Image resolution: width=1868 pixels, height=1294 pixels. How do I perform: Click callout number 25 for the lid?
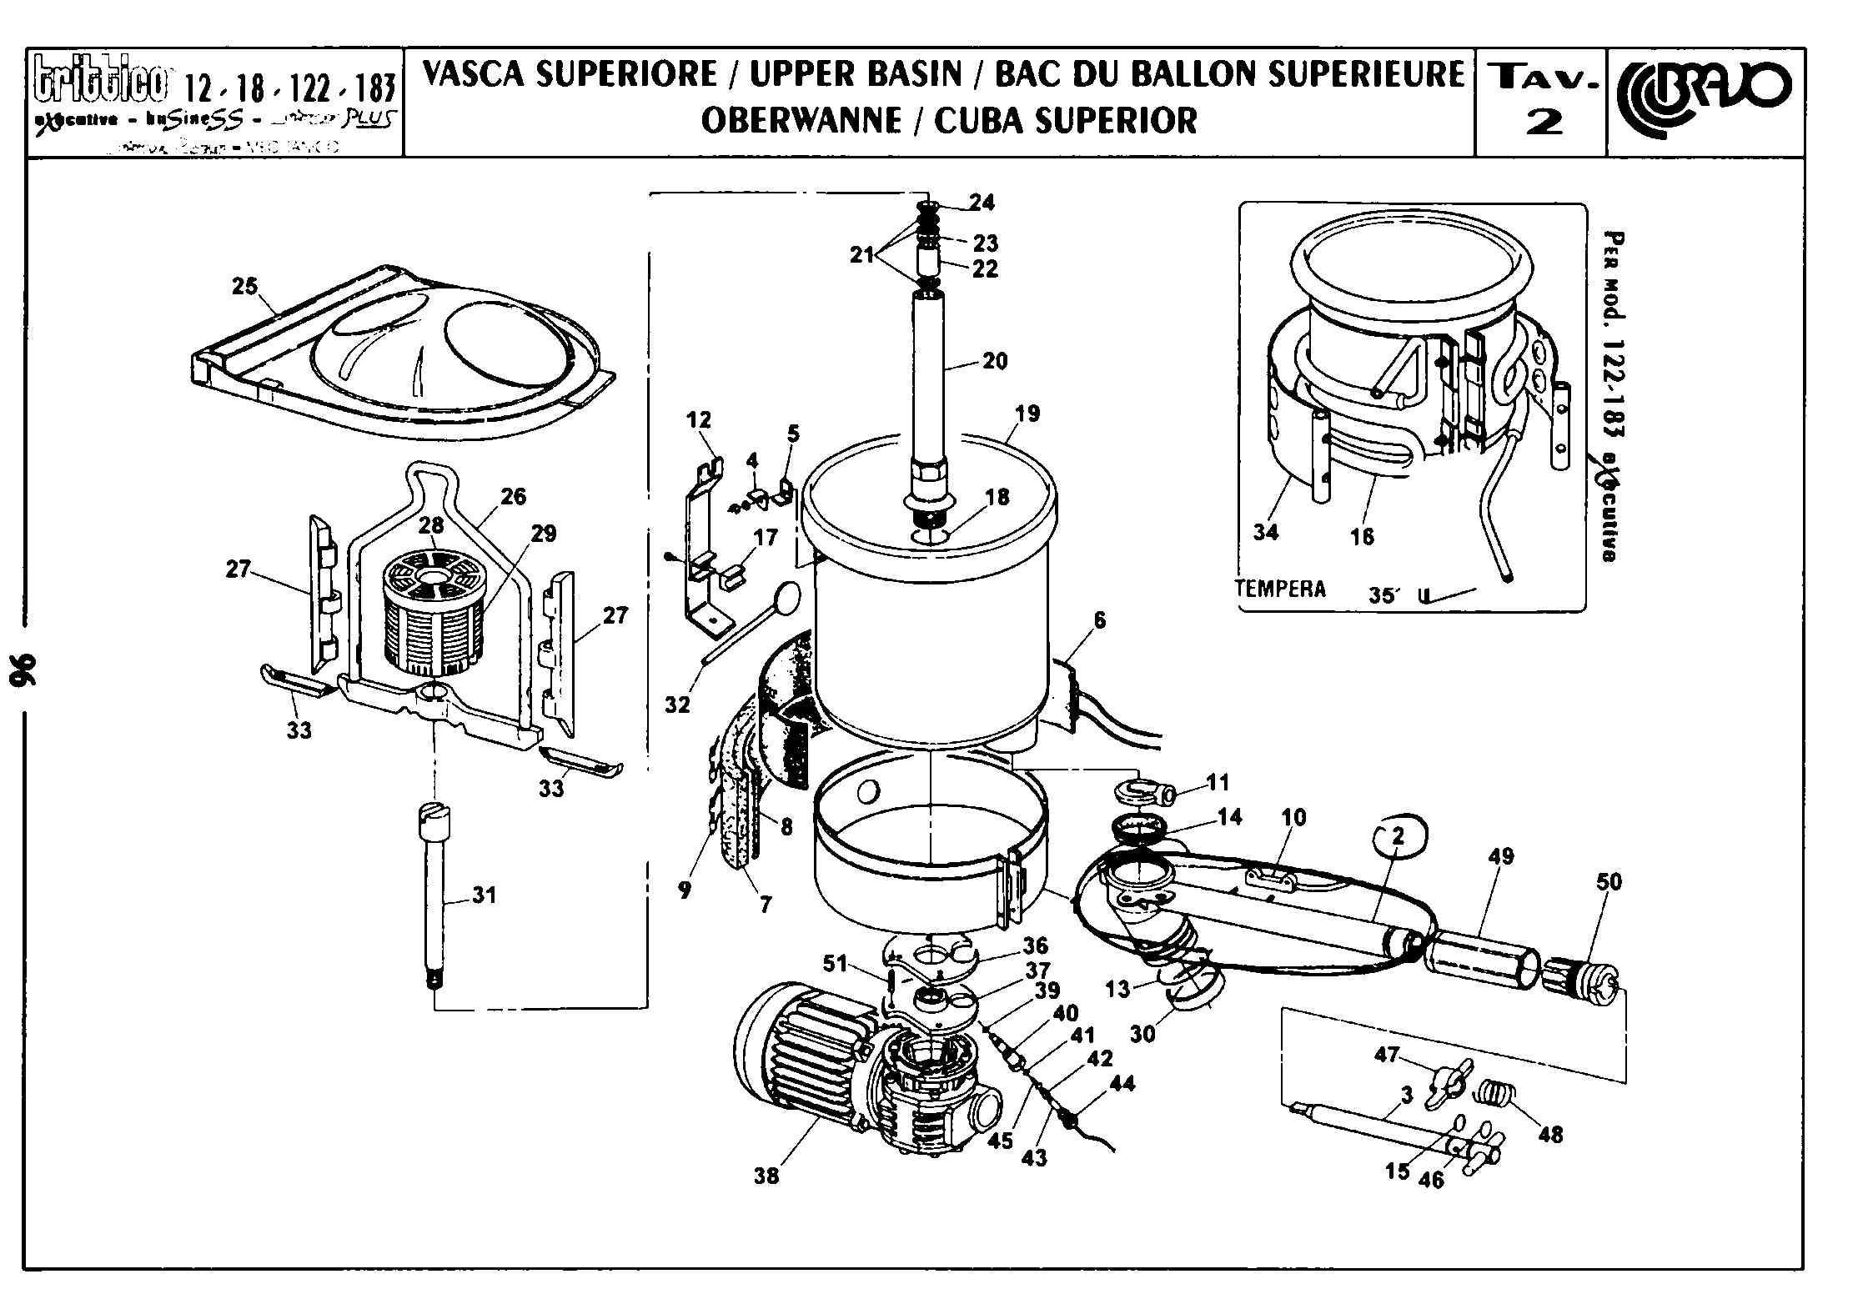click(x=245, y=287)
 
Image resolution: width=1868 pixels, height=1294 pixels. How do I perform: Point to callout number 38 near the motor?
click(x=766, y=1176)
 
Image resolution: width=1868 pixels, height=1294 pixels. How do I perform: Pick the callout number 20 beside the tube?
click(x=995, y=361)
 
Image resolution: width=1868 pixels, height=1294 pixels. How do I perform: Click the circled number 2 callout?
click(x=1398, y=835)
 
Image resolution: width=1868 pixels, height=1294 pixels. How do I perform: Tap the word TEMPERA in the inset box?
click(x=1280, y=589)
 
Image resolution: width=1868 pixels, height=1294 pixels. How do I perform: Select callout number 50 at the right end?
click(x=1609, y=882)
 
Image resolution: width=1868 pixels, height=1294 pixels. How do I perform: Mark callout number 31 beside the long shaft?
click(x=484, y=895)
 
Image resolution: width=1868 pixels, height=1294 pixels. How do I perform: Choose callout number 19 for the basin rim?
click(x=1027, y=414)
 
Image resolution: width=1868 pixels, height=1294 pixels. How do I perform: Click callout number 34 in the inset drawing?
click(x=1265, y=532)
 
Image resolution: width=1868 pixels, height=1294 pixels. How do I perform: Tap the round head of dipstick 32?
click(x=786, y=594)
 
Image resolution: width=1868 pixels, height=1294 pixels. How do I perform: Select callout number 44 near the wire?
click(x=1122, y=1084)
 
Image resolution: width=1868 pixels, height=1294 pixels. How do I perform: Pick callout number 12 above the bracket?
click(x=699, y=419)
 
